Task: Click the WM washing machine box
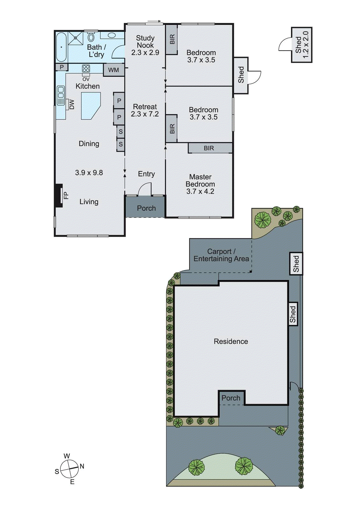(114, 70)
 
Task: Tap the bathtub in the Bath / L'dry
(61, 47)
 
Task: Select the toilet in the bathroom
(91, 37)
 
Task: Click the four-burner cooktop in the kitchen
(86, 68)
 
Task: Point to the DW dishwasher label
(72, 104)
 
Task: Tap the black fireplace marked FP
(58, 196)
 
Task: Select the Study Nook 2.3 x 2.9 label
(145, 45)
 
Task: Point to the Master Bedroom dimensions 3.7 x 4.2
(200, 191)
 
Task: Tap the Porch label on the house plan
(146, 208)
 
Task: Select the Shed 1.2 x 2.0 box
(301, 45)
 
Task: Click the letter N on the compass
(82, 466)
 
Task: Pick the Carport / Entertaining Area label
(221, 255)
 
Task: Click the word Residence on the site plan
(231, 341)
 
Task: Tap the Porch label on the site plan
(231, 398)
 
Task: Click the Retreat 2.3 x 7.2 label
(145, 110)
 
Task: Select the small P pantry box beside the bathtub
(62, 67)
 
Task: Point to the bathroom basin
(111, 35)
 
